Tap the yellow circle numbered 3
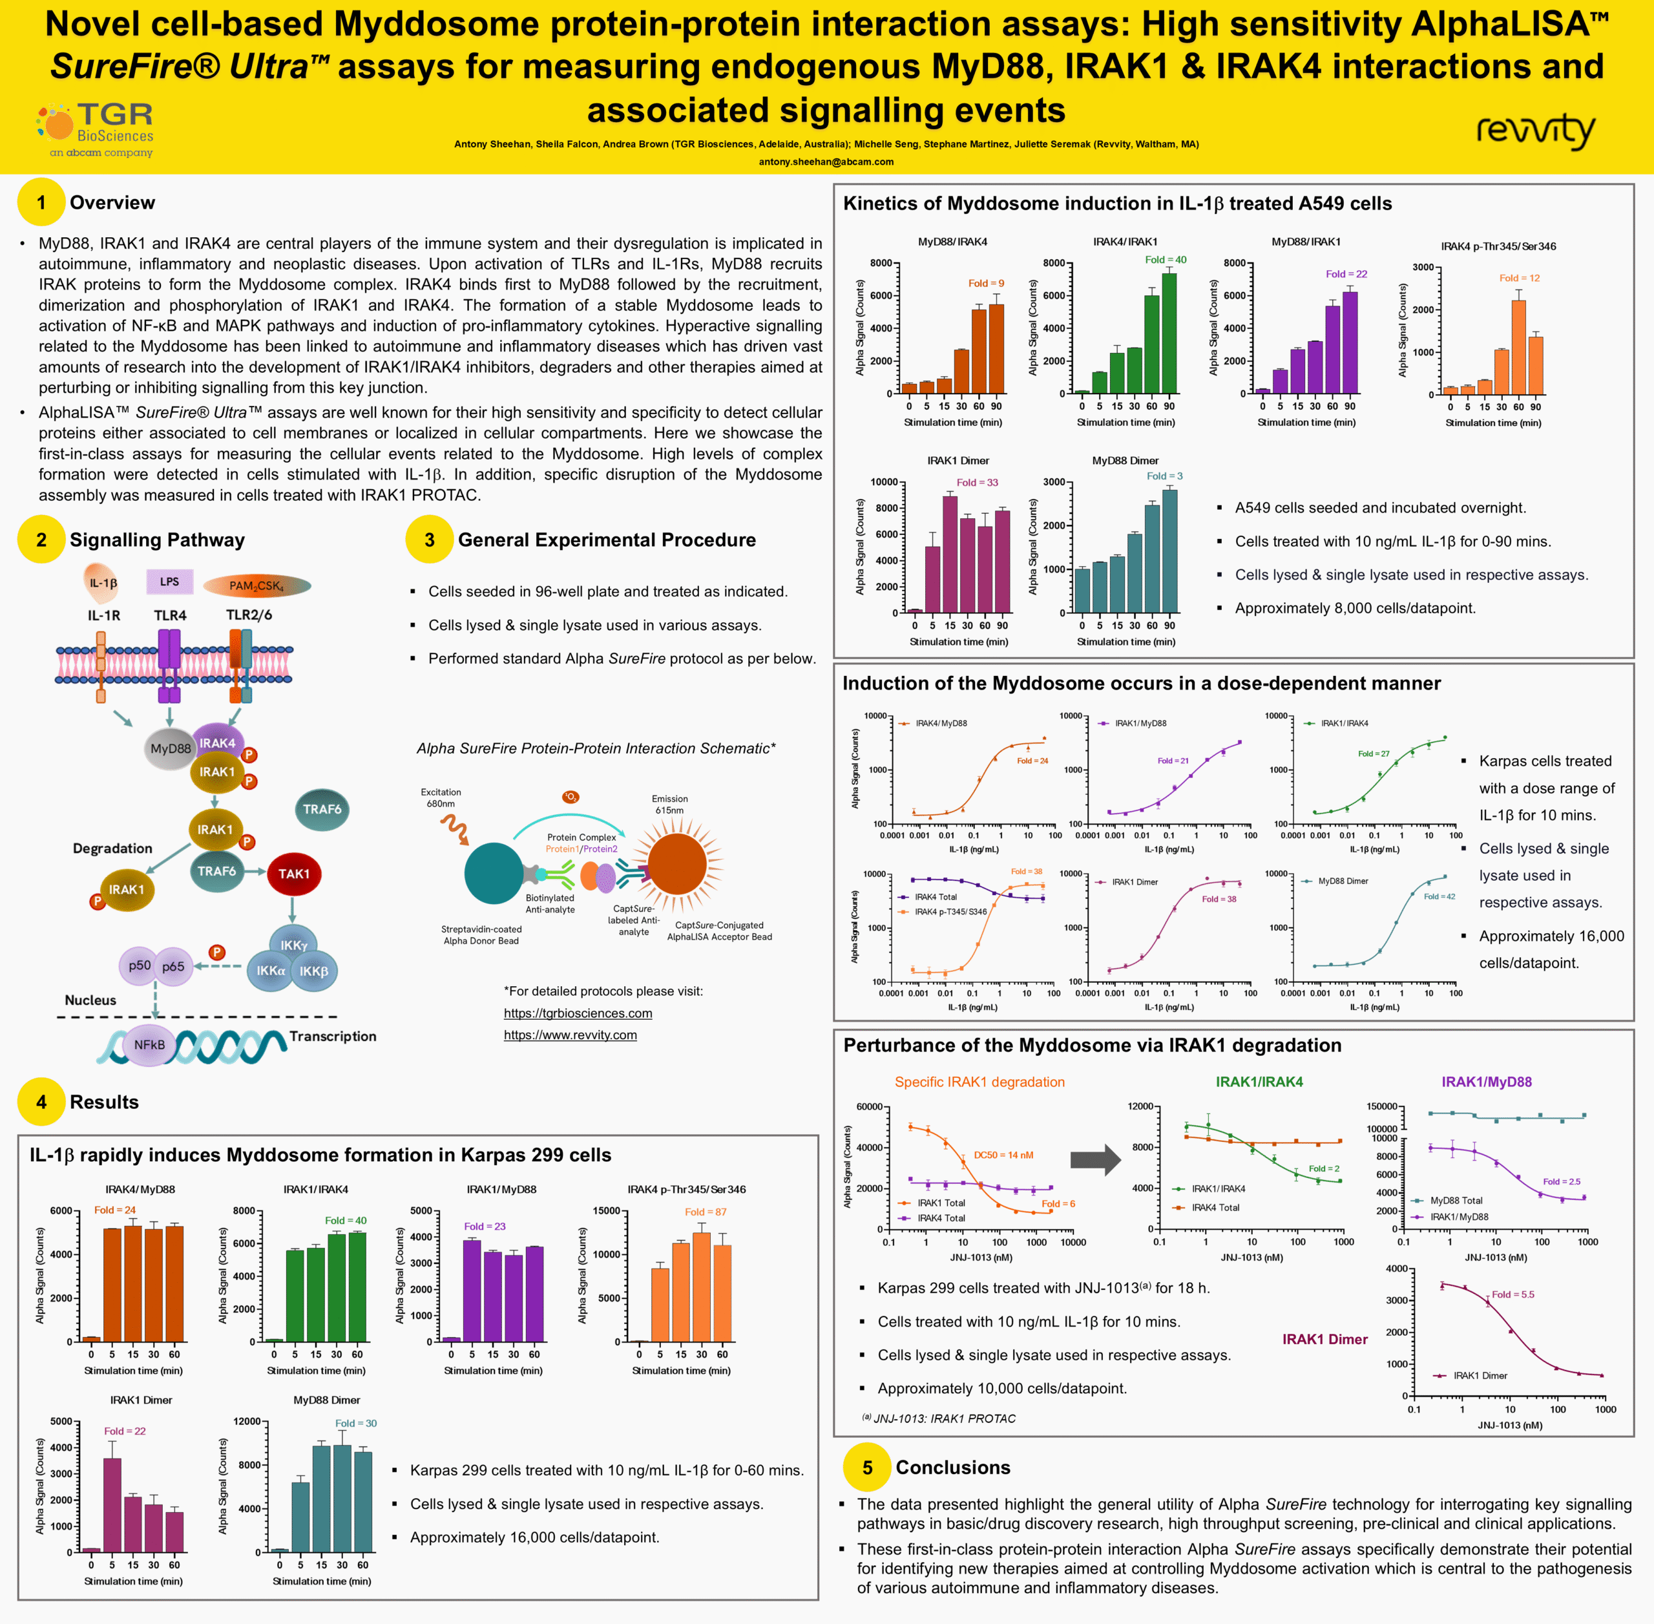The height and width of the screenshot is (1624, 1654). point(429,540)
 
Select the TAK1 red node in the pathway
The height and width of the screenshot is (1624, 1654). point(294,874)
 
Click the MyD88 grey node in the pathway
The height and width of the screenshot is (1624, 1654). point(171,749)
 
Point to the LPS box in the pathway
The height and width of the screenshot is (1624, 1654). point(170,582)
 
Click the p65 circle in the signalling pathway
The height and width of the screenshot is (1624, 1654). point(174,966)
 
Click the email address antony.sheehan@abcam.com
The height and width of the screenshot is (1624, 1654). point(826,161)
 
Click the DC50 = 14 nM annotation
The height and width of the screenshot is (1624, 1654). point(1003,1155)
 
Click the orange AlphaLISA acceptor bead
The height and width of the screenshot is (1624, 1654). point(677,864)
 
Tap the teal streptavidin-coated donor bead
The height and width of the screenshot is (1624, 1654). point(494,872)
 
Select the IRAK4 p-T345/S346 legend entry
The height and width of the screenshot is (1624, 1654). point(950,912)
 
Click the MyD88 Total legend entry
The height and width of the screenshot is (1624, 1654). point(1456,1200)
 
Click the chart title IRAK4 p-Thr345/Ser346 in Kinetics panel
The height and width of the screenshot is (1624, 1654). point(1498,246)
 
